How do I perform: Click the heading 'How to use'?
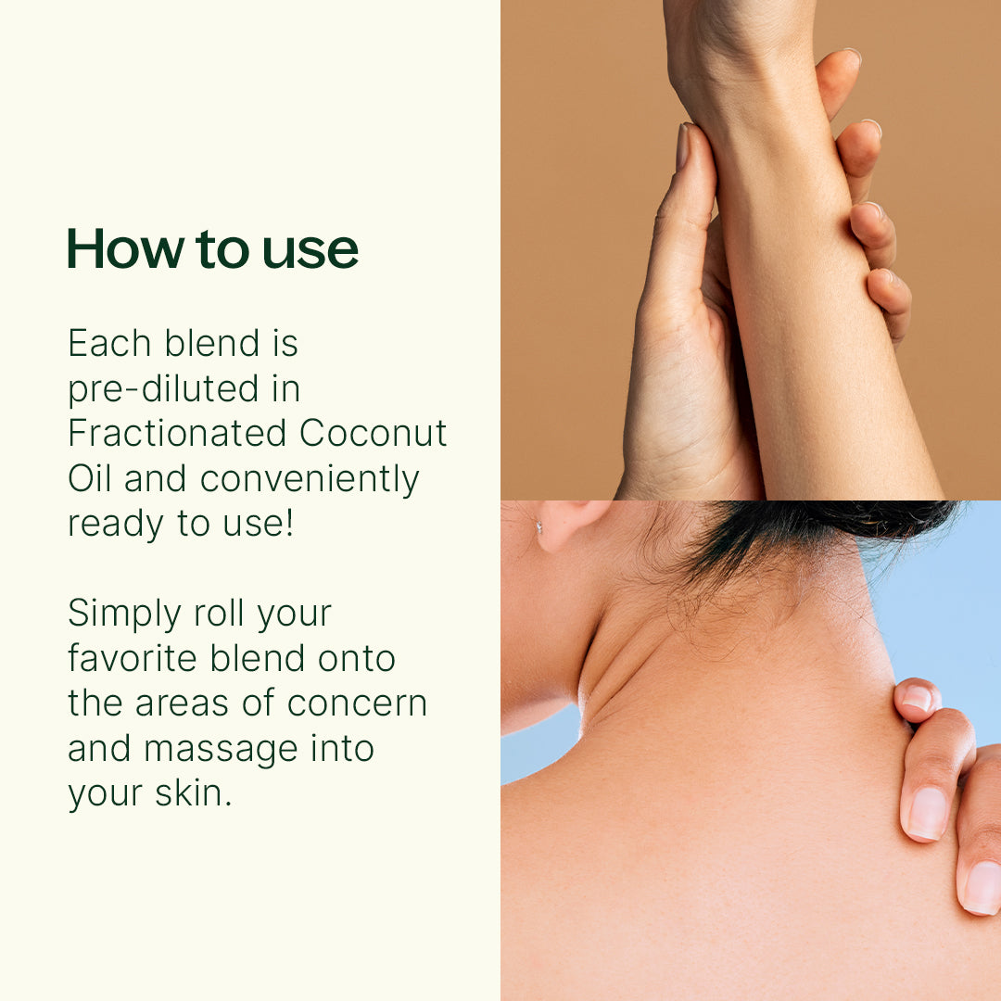(x=212, y=248)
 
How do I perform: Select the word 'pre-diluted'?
(x=163, y=389)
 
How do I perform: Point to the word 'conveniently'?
(x=310, y=479)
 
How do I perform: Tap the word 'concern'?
(x=357, y=703)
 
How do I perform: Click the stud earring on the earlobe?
(x=539, y=527)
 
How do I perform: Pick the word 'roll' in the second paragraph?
(x=219, y=614)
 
